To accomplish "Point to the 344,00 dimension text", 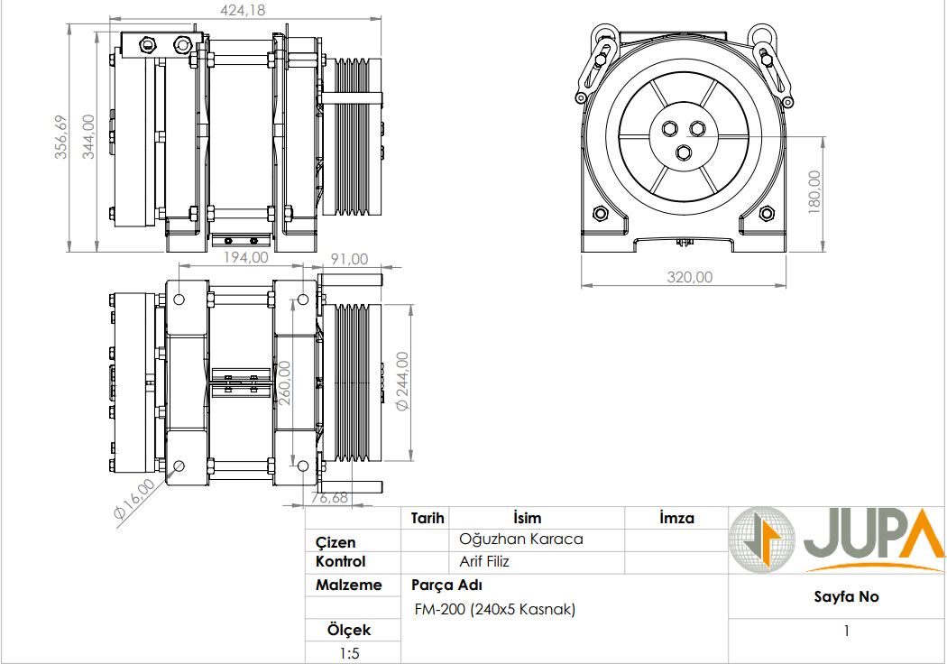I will pyautogui.click(x=88, y=137).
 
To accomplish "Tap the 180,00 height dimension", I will pyautogui.click(x=814, y=190).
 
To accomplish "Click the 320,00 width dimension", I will pyautogui.click(x=689, y=277).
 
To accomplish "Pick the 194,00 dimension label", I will pyautogui.click(x=245, y=257).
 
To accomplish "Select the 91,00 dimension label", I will pyautogui.click(x=349, y=258).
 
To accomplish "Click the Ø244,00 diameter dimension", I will pyautogui.click(x=403, y=381).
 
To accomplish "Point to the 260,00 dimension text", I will pyautogui.click(x=285, y=383).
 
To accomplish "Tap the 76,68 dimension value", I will pyautogui.click(x=329, y=497).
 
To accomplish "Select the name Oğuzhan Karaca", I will pyautogui.click(x=521, y=539).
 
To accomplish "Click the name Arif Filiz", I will pyautogui.click(x=484, y=561).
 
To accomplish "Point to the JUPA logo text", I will pyautogui.click(x=871, y=539).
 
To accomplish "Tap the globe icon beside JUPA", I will pyautogui.click(x=761, y=539).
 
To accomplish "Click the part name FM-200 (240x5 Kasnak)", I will pyautogui.click(x=494, y=609).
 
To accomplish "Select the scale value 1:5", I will pyautogui.click(x=349, y=653).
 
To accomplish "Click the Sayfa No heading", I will pyautogui.click(x=845, y=596).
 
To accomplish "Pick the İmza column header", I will pyautogui.click(x=676, y=518).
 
